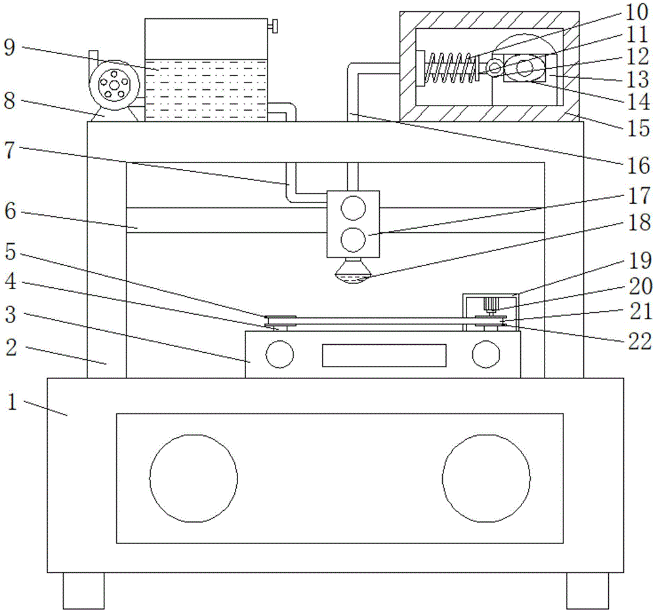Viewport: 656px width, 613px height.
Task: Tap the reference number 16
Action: pyautogui.click(x=637, y=166)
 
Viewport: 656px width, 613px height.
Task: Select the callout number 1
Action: pyautogui.click(x=11, y=402)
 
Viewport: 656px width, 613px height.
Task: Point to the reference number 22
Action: pyautogui.click(x=637, y=341)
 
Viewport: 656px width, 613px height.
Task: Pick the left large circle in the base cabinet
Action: pyautogui.click(x=194, y=478)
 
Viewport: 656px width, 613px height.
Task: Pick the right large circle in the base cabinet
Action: pyautogui.click(x=486, y=478)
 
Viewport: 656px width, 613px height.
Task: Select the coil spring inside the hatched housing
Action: pyautogui.click(x=452, y=68)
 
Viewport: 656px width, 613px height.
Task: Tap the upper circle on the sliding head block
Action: pyautogui.click(x=353, y=207)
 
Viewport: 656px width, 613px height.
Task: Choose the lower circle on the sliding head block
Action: pyautogui.click(x=353, y=240)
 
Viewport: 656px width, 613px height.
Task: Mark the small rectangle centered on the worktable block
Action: pyautogui.click(x=383, y=355)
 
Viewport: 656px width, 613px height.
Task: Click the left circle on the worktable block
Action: pyautogui.click(x=279, y=355)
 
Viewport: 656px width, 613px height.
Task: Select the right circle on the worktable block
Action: pyautogui.click(x=486, y=355)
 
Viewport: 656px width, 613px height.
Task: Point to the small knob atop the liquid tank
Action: pyautogui.click(x=274, y=27)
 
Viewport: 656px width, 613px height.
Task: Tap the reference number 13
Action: pyautogui.click(x=637, y=81)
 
